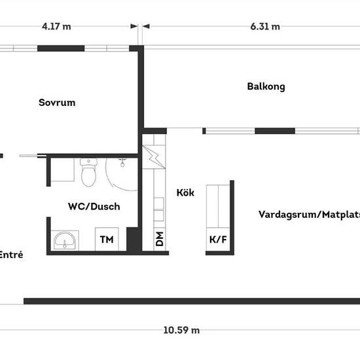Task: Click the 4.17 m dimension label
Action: coord(56,27)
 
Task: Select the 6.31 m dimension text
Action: coord(265,27)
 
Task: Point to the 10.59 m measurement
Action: coord(181,331)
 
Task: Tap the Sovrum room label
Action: coord(57,102)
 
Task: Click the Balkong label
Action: coord(266,87)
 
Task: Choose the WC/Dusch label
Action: coord(94,206)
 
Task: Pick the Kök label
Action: coord(185,192)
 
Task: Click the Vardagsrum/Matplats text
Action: coord(309,215)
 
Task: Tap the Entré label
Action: coord(11,255)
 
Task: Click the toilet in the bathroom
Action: coord(88,172)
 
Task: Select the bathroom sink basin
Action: coord(65,240)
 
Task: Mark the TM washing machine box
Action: coord(107,239)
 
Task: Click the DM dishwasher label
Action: coord(160,239)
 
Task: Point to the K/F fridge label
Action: coord(218,240)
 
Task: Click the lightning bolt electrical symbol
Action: coord(154,157)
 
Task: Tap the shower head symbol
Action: coord(122,162)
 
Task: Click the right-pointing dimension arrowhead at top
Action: coord(134,26)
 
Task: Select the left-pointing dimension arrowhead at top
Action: coord(146,26)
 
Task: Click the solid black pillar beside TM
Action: coord(132,239)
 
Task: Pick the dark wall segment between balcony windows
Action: coord(275,131)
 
